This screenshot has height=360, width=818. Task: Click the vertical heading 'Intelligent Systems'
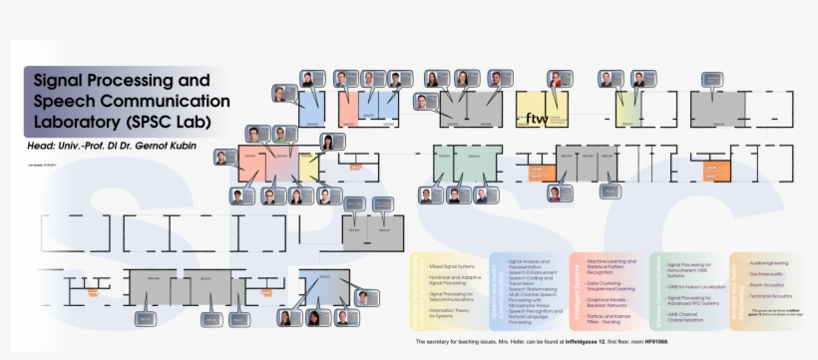(579, 288)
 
